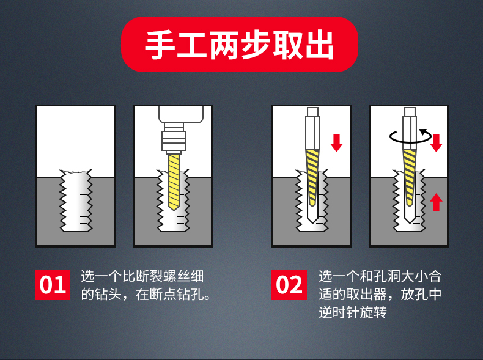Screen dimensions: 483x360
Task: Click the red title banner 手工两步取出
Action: click(239, 44)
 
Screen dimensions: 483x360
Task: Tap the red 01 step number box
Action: click(53, 285)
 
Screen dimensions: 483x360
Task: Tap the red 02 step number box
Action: click(289, 285)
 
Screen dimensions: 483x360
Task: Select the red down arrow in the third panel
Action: click(336, 143)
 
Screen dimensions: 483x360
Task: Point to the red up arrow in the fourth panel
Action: click(436, 202)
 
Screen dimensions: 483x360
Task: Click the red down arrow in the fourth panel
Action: click(436, 143)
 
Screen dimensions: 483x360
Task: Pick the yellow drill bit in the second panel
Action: click(174, 182)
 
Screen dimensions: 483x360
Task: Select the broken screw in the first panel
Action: click(76, 200)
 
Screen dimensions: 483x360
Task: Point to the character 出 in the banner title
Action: click(319, 45)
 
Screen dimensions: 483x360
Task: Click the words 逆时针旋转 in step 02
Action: click(353, 312)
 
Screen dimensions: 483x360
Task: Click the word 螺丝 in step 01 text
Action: click(176, 276)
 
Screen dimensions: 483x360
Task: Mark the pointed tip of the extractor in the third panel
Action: click(312, 222)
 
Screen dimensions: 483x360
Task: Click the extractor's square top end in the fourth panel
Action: click(410, 111)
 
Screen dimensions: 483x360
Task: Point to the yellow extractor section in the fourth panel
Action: click(410, 177)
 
